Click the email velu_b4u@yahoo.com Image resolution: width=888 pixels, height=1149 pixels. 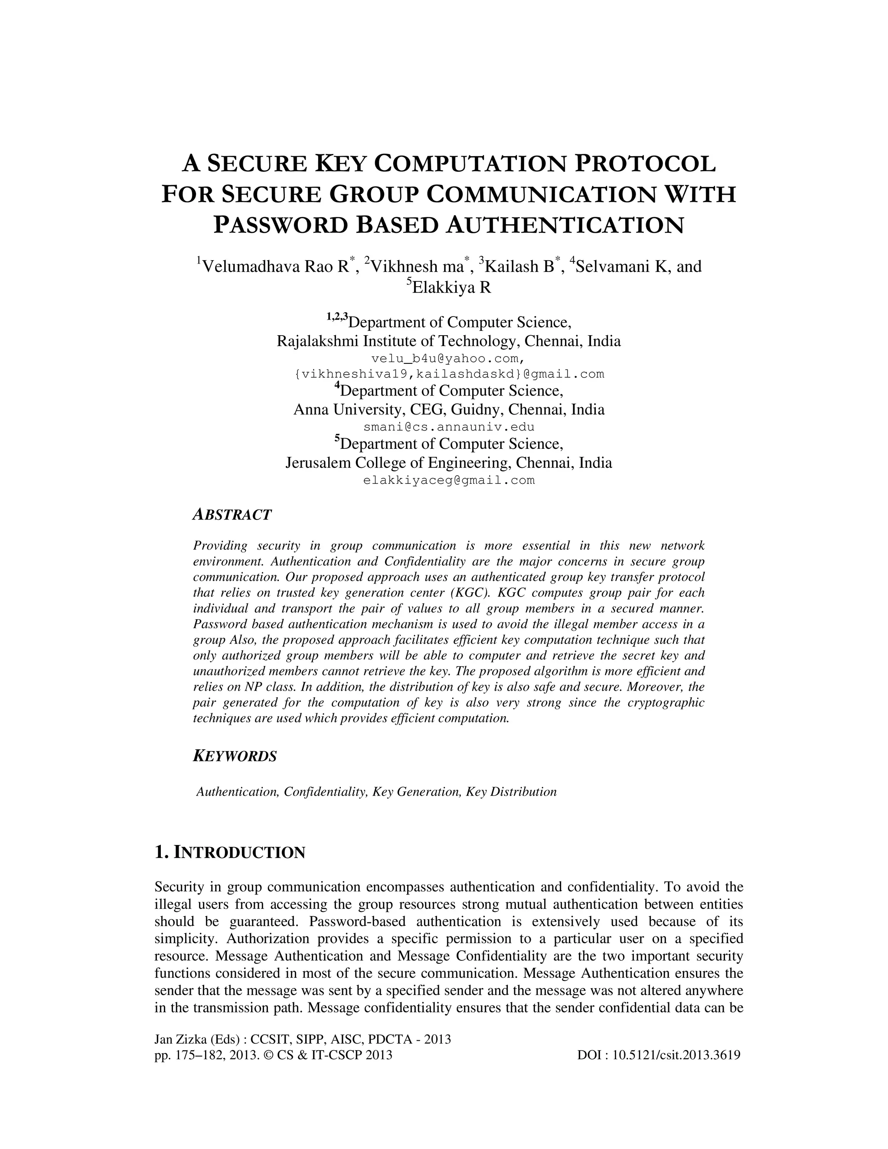pyautogui.click(x=447, y=358)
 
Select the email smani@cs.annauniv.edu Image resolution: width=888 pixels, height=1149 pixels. pyautogui.click(x=449, y=427)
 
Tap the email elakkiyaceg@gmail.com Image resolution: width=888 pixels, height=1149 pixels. pyautogui.click(x=449, y=480)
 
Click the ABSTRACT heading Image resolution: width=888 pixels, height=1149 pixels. pyautogui.click(x=232, y=515)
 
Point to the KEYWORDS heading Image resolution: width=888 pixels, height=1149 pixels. pyautogui.click(x=235, y=757)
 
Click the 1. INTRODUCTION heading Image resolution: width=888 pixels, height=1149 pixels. pyautogui.click(x=230, y=852)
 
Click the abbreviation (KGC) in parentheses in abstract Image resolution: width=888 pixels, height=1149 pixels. pyautogui.click(x=470, y=593)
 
